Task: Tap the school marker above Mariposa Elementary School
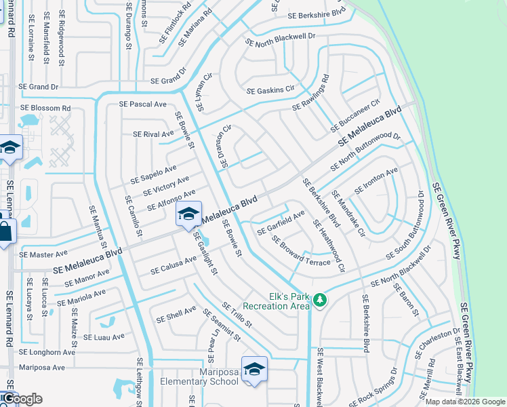coord(254,370)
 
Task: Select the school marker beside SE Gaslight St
coord(188,214)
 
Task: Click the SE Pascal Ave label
coord(143,104)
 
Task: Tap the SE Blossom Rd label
coord(45,108)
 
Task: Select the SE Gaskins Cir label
coord(271,90)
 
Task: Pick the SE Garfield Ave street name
coord(281,224)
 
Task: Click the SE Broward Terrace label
coord(301,251)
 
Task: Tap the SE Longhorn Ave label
coord(47,352)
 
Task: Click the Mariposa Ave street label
coord(42,367)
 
